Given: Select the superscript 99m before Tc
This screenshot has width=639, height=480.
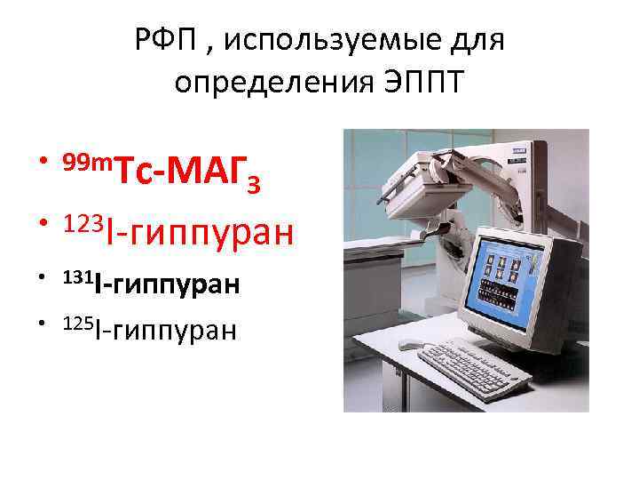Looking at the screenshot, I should (x=88, y=160).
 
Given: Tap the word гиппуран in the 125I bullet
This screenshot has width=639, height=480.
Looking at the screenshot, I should (x=171, y=331).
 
